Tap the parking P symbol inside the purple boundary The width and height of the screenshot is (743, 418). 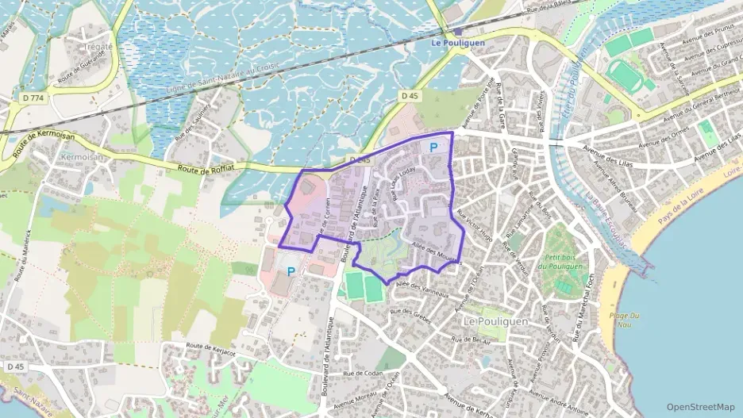[433, 147]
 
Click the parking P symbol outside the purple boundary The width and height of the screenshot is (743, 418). [291, 271]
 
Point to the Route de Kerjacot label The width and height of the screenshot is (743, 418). [212, 349]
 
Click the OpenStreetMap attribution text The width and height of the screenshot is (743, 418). [700, 406]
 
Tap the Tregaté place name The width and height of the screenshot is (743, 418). [98, 47]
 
